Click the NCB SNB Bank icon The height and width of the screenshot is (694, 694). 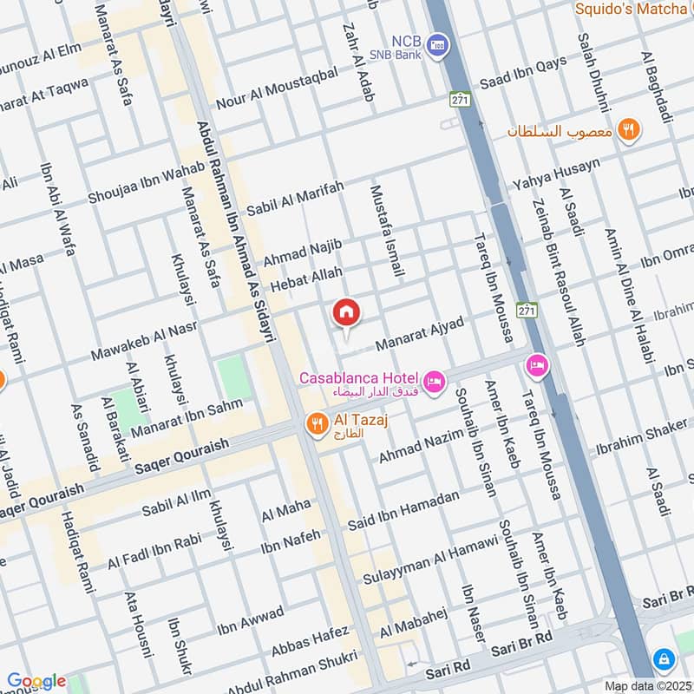[439, 43]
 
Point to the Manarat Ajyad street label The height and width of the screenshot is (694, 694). [420, 334]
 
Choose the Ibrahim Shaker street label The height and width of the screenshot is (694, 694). [641, 440]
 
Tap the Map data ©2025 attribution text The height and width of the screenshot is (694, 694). [649, 686]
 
